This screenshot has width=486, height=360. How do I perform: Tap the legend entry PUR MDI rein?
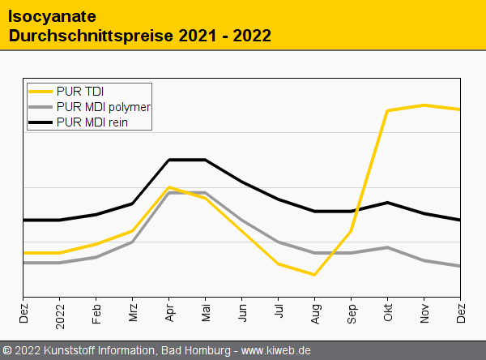click(92, 122)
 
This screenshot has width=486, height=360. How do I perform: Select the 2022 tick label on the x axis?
click(60, 311)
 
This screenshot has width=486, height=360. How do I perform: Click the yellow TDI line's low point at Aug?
click(314, 275)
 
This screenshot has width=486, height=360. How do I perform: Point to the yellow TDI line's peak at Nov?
click(424, 105)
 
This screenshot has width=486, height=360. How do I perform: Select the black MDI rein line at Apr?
click(169, 160)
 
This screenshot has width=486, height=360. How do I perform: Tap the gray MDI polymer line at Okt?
click(388, 247)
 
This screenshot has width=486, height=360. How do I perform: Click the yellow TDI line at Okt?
click(388, 111)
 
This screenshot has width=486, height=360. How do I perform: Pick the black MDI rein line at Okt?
click(388, 203)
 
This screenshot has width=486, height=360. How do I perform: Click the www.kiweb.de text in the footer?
click(276, 350)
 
